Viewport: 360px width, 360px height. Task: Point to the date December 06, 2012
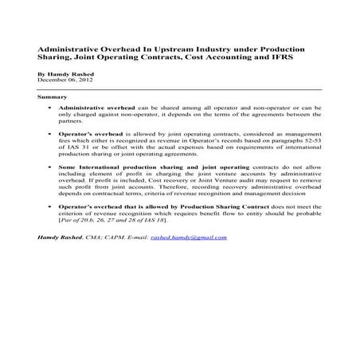point(65,80)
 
